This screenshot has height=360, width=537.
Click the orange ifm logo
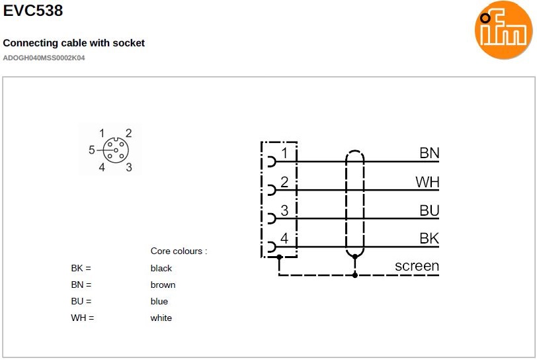coord(504,30)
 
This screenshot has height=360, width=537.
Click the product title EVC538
coord(34,11)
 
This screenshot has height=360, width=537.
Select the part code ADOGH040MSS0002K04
coord(44,58)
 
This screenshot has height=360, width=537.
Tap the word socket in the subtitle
coord(128,43)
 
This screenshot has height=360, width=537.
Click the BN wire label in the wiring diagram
coord(429,154)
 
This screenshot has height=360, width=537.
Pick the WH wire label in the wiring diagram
coord(427,182)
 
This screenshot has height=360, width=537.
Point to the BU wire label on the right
coord(429,210)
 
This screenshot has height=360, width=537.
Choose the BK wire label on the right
coord(429,238)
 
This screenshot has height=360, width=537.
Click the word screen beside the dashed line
coord(417,266)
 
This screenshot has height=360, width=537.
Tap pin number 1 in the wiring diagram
coord(284,154)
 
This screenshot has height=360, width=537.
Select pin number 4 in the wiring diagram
coord(284,238)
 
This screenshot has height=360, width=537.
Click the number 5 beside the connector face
coord(92,150)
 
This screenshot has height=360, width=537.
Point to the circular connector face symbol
coord(116,150)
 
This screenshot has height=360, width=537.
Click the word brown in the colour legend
coord(163,285)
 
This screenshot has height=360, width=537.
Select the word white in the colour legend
coord(161,318)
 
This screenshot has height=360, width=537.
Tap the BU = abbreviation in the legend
coord(81,302)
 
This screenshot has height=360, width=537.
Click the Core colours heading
coord(179,251)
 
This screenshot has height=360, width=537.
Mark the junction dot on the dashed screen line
coord(355,274)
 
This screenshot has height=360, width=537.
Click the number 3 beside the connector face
coord(129,167)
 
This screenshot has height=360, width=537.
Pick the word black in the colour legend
coord(161,269)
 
